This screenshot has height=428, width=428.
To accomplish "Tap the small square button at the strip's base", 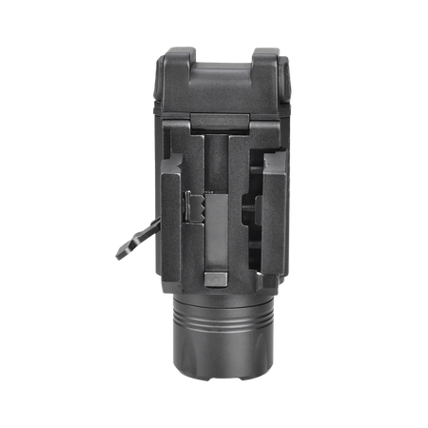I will (216, 278).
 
